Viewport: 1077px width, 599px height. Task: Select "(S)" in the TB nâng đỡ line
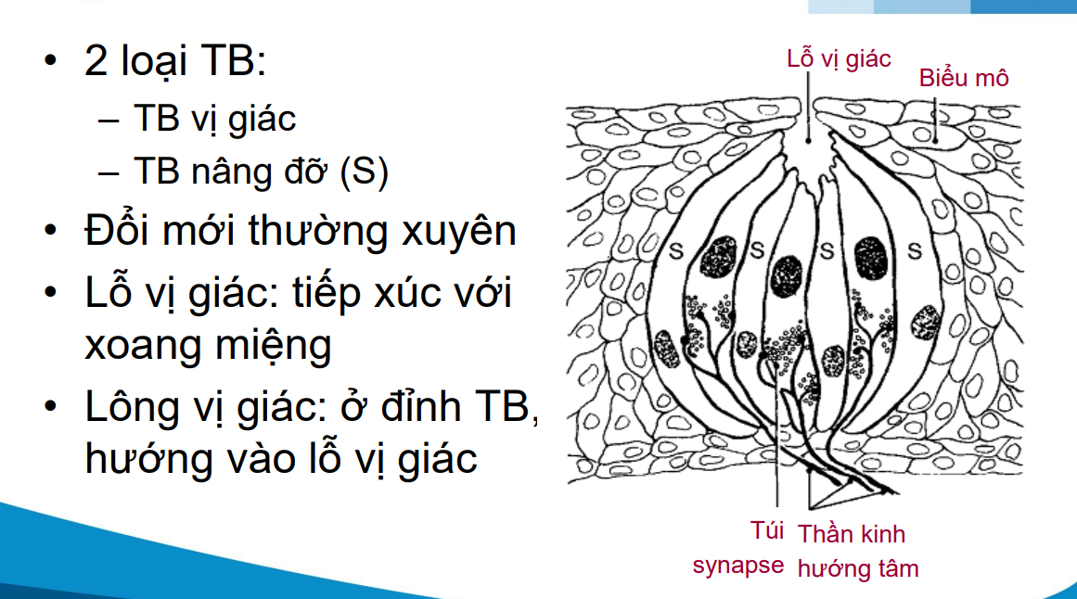[x=364, y=172]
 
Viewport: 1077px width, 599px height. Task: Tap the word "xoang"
[x=138, y=345]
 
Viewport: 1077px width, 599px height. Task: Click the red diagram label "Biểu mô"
[x=963, y=78]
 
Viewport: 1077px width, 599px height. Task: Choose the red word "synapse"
[x=737, y=565]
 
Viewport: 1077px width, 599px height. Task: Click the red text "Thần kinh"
[x=851, y=534]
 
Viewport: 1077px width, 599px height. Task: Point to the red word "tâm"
[x=895, y=567]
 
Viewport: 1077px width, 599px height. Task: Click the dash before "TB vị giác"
[x=108, y=119]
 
